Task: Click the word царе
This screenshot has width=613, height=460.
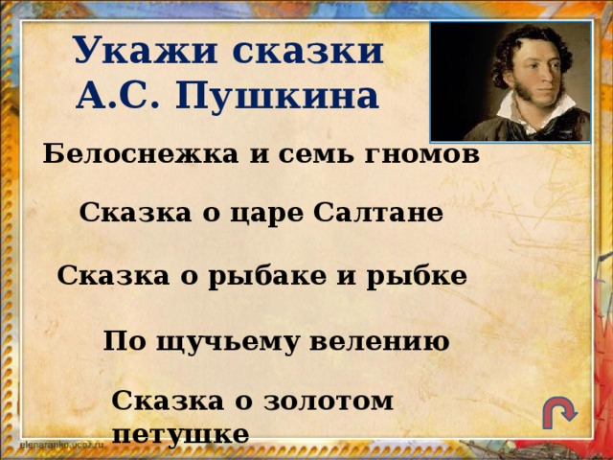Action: coord(271,215)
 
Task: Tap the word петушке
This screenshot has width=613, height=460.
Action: coord(180,433)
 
